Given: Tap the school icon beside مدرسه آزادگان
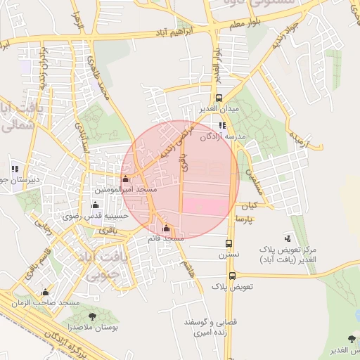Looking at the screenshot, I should tap(222, 125).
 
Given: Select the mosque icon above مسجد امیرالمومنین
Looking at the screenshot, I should tap(126, 179).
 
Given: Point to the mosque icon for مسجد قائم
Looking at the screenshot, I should tap(166, 228).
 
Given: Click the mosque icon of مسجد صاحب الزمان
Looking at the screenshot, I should tap(46, 292).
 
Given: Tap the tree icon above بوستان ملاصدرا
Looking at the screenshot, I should tap(93, 316).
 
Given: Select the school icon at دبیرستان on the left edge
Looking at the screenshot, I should tap(15, 169).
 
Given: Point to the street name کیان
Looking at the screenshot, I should tap(250, 206).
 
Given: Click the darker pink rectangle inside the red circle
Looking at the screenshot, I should tap(207, 206).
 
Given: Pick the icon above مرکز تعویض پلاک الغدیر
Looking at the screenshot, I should tap(287, 238).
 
